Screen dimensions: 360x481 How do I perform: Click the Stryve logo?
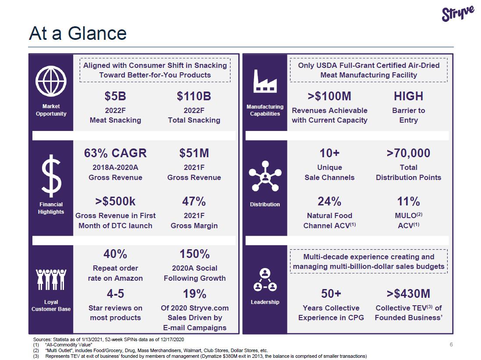[458, 13]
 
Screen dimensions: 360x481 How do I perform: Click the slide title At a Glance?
[78, 33]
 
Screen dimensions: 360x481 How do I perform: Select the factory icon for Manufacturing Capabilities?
[265, 81]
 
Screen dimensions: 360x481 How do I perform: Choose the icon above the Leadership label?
[265, 280]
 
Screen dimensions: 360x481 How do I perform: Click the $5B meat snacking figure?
[115, 96]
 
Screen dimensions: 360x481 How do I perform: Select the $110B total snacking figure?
[194, 96]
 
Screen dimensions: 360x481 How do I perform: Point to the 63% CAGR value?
[115, 153]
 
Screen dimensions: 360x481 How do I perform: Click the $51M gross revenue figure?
[194, 153]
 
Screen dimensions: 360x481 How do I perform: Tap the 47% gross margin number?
[194, 201]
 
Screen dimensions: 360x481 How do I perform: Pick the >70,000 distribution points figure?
[408, 153]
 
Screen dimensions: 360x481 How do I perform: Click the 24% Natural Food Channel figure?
[329, 201]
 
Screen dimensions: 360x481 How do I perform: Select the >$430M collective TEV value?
[408, 293]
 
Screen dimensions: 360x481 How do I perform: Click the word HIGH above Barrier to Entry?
[408, 96]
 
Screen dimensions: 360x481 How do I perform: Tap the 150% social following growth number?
[195, 254]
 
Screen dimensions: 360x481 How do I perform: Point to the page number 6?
[451, 345]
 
